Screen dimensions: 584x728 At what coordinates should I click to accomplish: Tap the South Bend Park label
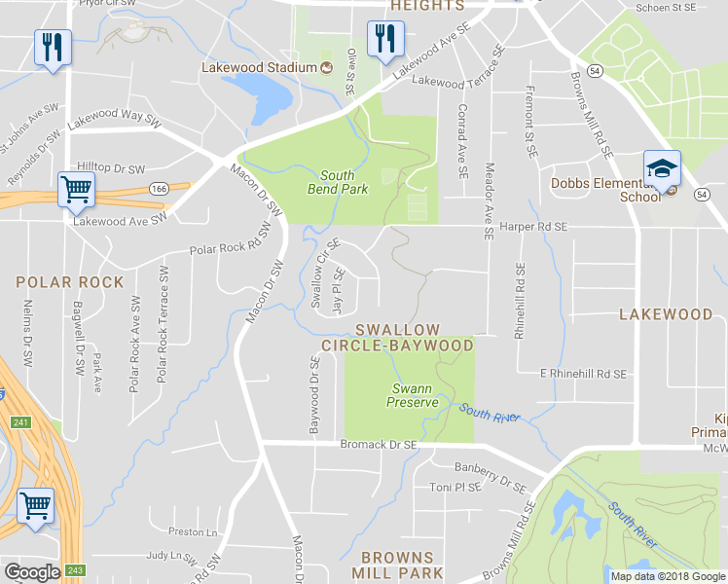coord(338,182)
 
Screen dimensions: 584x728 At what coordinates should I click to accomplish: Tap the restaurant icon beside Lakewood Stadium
coord(380,40)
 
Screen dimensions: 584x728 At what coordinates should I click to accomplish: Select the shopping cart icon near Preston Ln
coord(36,506)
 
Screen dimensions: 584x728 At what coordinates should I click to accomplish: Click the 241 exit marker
coord(19,422)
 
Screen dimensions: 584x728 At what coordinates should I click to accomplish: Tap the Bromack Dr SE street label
coord(379,445)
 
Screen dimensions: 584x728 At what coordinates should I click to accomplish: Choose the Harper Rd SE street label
coord(532,227)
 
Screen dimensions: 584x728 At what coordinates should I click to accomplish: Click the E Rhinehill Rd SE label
coord(583,373)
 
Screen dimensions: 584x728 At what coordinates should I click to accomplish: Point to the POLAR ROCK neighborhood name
coord(70,282)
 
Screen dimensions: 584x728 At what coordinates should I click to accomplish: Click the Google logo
coord(33,572)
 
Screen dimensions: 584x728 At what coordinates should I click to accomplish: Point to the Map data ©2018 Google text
coord(667,576)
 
